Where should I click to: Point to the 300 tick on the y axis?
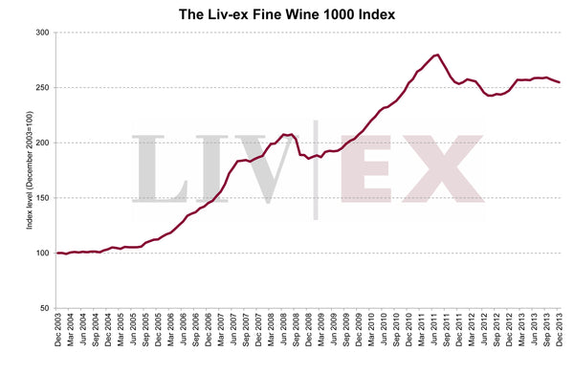(x=43, y=33)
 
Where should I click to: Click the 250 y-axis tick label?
(x=43, y=88)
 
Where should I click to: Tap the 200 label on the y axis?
(x=43, y=143)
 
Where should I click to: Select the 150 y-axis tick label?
(x=43, y=198)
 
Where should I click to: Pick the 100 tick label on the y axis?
(x=43, y=254)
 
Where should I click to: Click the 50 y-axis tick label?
(x=45, y=308)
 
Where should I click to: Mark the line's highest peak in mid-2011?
(x=436, y=55)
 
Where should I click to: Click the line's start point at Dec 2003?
(x=57, y=254)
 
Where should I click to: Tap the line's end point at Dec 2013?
(x=560, y=83)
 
